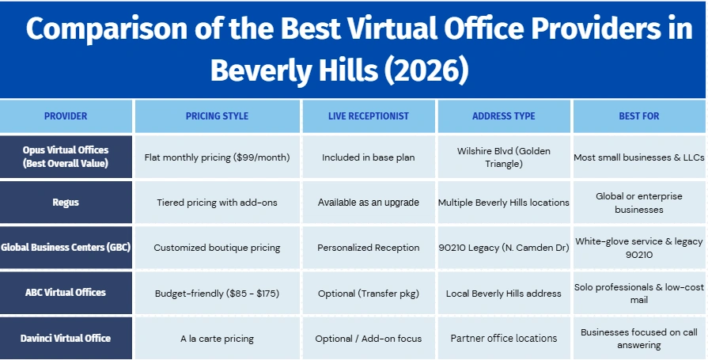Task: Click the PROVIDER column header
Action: click(x=66, y=116)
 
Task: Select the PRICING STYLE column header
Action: click(x=218, y=116)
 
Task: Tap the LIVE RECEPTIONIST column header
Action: click(x=369, y=116)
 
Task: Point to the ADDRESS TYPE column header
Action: click(x=503, y=116)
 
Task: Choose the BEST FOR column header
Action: click(x=639, y=116)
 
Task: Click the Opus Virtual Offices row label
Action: click(x=66, y=157)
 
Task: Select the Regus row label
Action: click(x=66, y=203)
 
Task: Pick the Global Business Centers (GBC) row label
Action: click(x=66, y=247)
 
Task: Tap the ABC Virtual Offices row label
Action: click(x=66, y=292)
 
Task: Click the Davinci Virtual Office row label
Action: click(x=66, y=338)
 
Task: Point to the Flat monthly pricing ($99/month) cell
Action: click(x=218, y=157)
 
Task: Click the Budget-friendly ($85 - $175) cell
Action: click(x=218, y=294)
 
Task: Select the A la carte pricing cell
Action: click(x=218, y=339)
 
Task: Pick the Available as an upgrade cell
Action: click(x=369, y=203)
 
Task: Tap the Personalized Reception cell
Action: click(x=369, y=248)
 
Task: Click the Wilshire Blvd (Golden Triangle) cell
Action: click(x=503, y=157)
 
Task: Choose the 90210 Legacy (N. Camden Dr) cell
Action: click(x=503, y=248)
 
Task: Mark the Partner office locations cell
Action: click(x=503, y=338)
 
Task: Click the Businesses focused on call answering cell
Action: click(x=639, y=339)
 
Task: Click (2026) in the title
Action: click(x=426, y=70)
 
